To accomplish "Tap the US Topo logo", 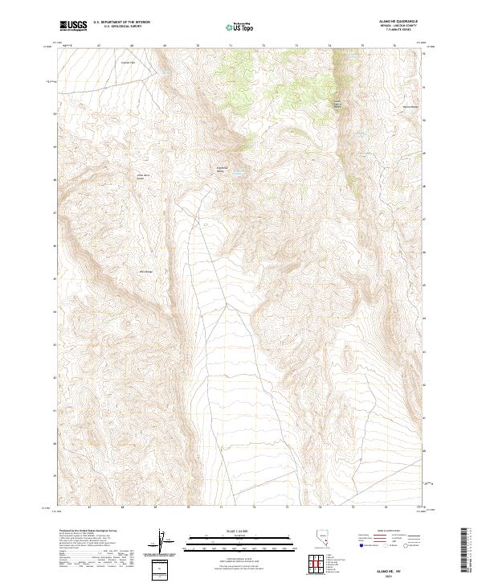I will tap(239, 27).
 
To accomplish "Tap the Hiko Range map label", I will tap(147, 271).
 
